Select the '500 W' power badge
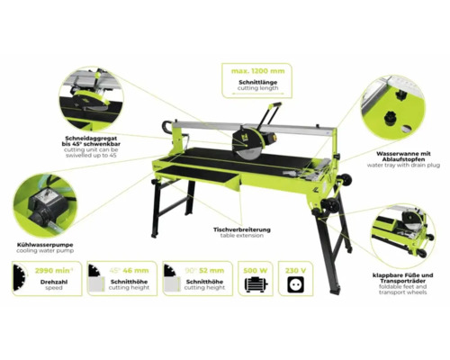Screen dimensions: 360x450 (x=256, y=268)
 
